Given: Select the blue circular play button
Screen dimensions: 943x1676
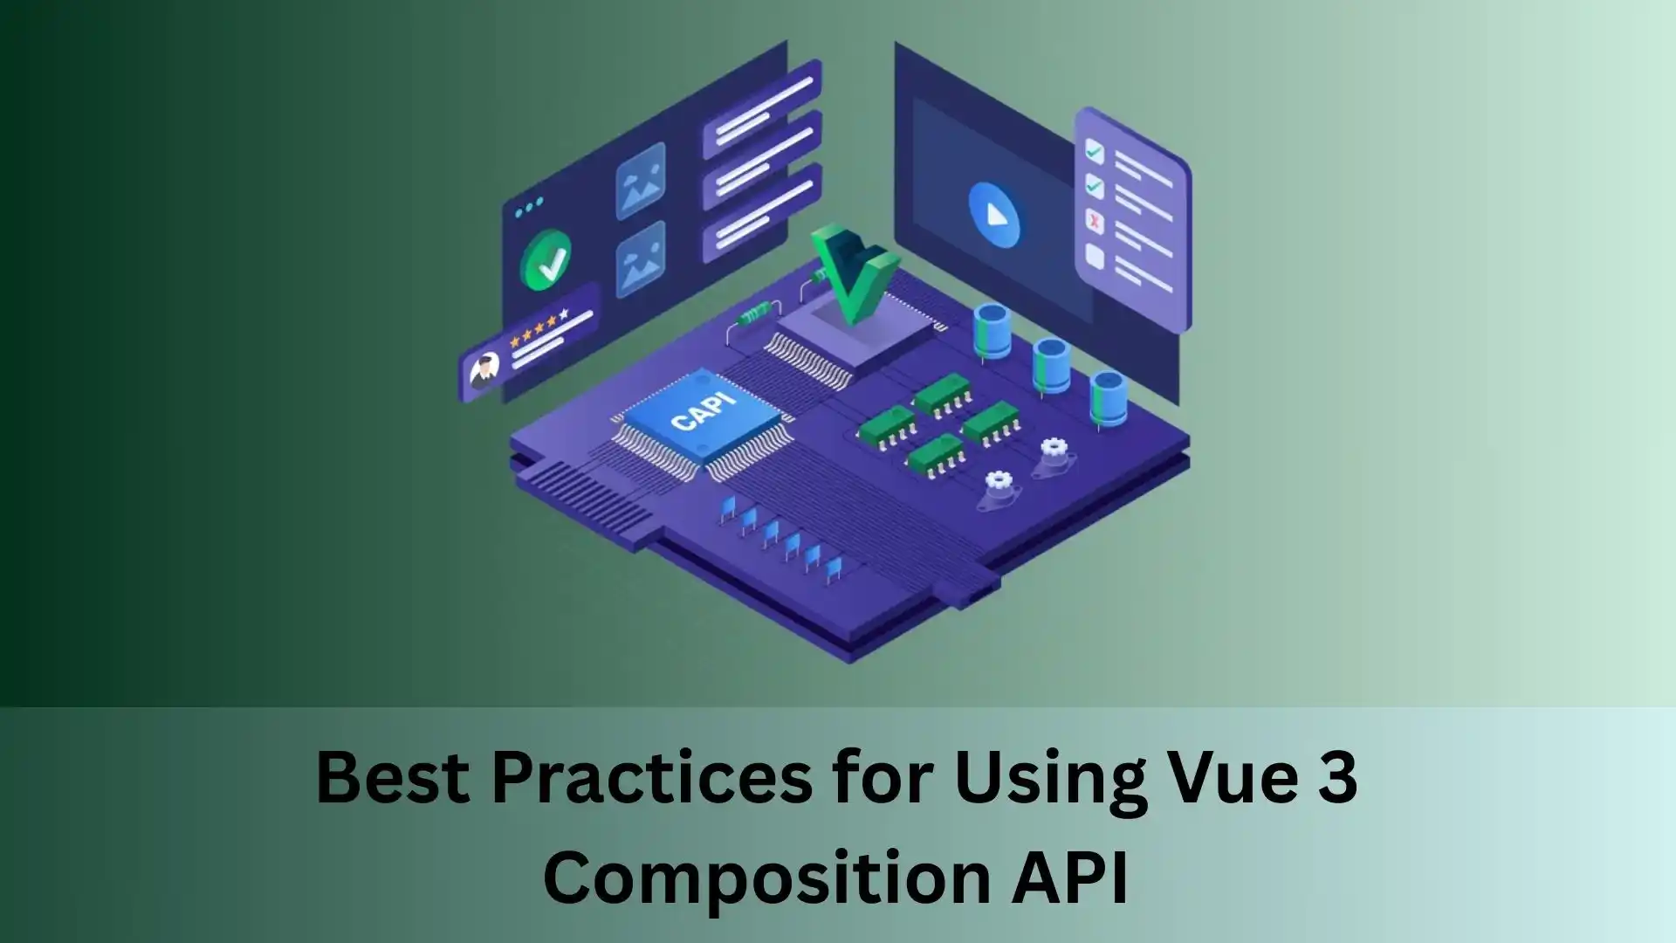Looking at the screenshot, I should pyautogui.click(x=993, y=214).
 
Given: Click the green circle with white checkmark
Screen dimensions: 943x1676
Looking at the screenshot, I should pyautogui.click(x=546, y=260).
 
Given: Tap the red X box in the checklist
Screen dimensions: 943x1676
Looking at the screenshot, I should pyautogui.click(x=1095, y=222).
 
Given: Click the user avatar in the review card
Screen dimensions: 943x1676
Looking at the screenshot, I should pyautogui.click(x=484, y=370).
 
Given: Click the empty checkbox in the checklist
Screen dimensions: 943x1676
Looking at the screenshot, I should pyautogui.click(x=1095, y=256).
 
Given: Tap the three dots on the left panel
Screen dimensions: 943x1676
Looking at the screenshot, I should pyautogui.click(x=529, y=208).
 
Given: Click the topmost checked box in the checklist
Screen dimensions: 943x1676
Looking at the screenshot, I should pyautogui.click(x=1094, y=153).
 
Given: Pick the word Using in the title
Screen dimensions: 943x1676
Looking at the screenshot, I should pyautogui.click(x=1050, y=779).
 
